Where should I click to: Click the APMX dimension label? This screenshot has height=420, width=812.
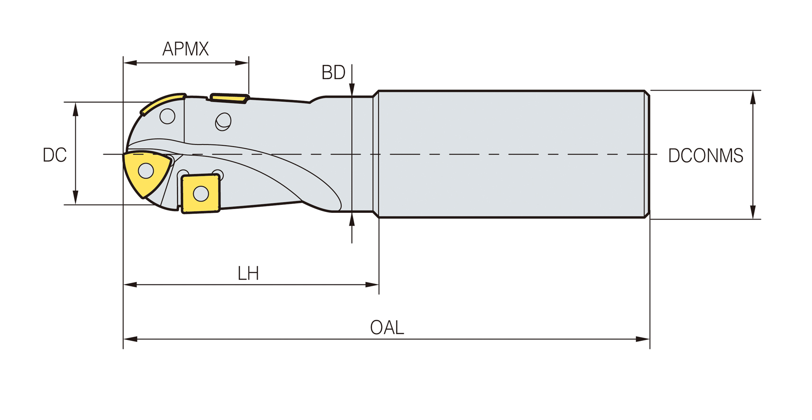point(185,49)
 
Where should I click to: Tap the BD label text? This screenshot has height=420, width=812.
point(333,73)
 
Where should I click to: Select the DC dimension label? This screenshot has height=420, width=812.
point(55,155)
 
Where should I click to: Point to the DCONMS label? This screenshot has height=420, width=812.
point(705,155)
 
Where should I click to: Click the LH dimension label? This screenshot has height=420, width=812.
point(248,274)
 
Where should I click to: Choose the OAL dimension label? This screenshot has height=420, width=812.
point(387,328)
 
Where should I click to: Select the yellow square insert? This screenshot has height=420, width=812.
point(201,193)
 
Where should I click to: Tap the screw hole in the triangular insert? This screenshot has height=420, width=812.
point(146,171)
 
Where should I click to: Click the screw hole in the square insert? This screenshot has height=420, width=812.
point(201,193)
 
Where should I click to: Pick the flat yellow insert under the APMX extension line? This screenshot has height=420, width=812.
point(229,98)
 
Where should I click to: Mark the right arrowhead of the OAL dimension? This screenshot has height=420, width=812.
point(643,339)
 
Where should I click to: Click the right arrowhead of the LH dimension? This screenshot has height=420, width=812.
point(372,285)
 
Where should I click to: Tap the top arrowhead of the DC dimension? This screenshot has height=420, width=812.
point(75,109)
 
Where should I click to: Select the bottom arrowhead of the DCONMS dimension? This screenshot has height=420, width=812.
point(753,212)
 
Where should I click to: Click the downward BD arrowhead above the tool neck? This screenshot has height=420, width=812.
point(352,90)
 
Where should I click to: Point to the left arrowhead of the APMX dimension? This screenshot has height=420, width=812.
point(130,63)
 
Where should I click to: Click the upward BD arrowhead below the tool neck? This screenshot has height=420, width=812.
point(352,219)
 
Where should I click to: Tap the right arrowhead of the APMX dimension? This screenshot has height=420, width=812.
point(242,63)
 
